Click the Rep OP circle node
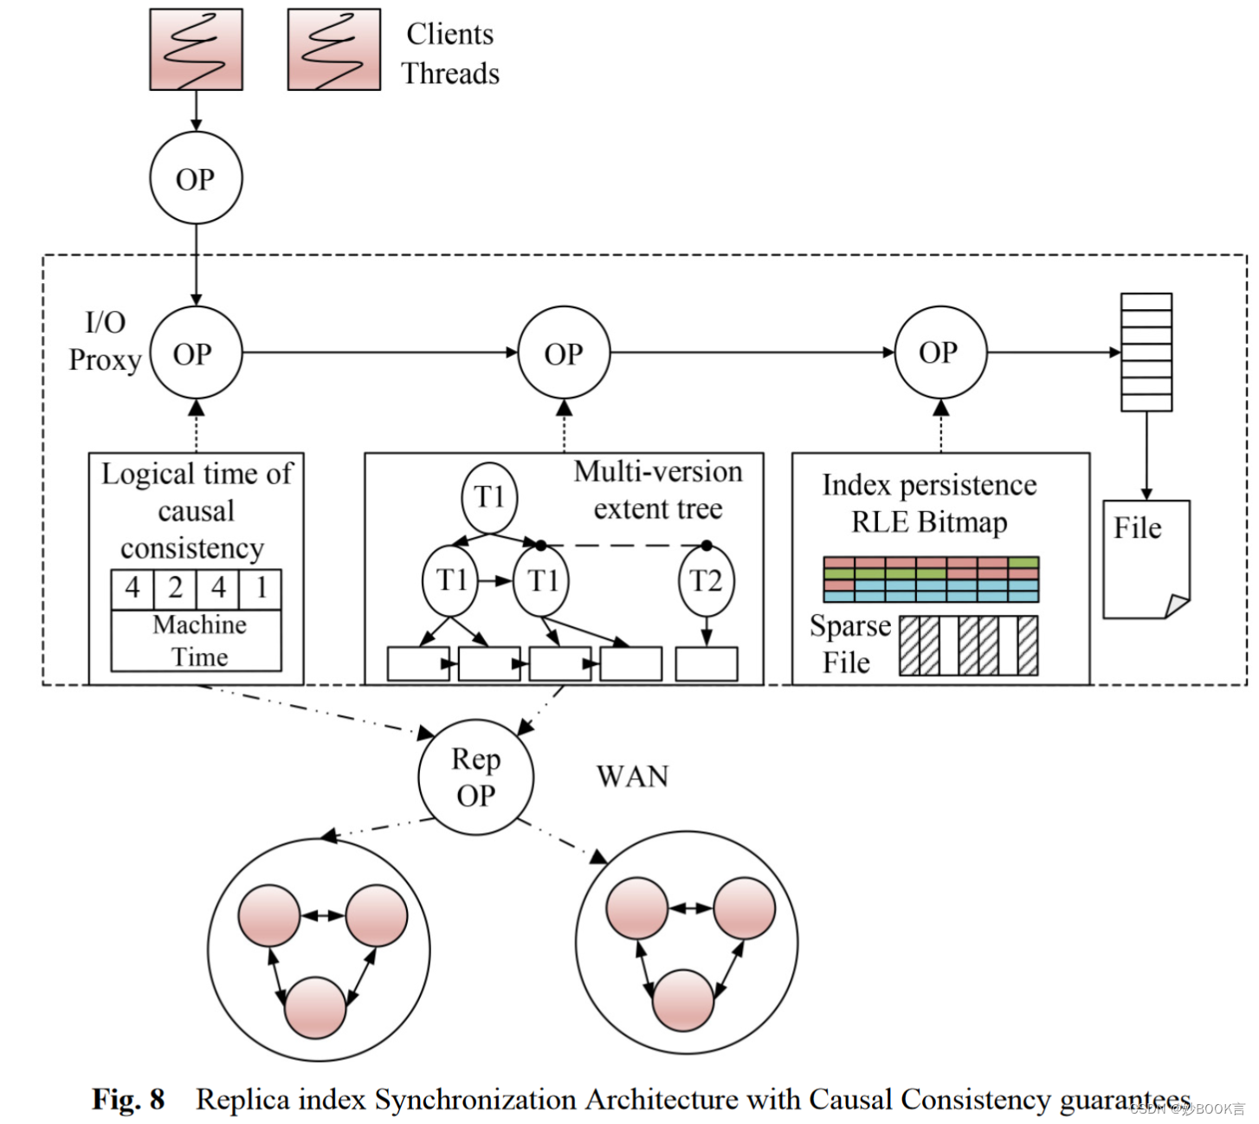coord(475,777)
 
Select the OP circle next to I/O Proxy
coord(196,353)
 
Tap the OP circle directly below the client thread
coord(196,178)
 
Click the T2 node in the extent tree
coord(706,580)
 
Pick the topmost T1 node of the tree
coord(489,497)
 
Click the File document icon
coord(1146,559)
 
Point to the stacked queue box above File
coord(1146,352)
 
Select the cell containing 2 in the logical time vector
coord(175,588)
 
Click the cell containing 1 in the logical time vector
coord(261,588)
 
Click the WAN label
coord(632,777)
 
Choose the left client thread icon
coord(196,49)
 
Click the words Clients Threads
coord(450,54)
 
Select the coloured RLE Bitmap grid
coord(930,579)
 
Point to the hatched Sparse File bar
coord(968,645)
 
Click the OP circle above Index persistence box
coord(939,352)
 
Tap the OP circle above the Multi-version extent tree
coord(564,353)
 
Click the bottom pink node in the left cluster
coord(315,1007)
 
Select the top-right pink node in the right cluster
coord(744,908)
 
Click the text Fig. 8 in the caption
coord(128,1099)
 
